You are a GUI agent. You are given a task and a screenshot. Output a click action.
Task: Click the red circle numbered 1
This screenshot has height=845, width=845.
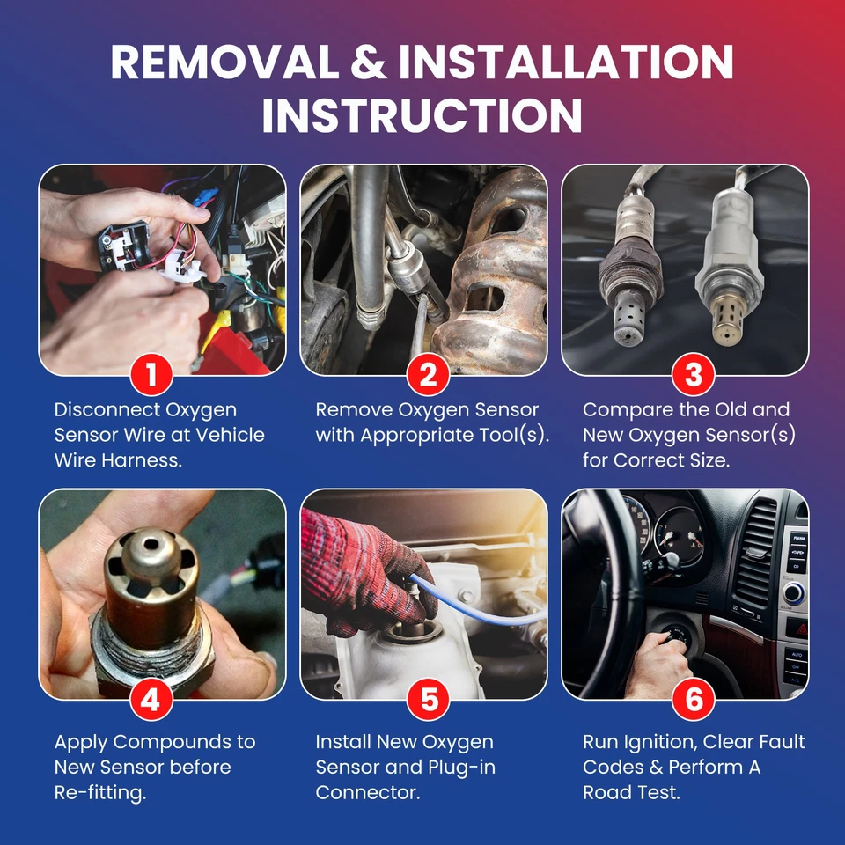[151, 375]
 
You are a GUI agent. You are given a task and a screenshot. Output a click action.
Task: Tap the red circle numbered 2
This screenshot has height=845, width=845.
[428, 375]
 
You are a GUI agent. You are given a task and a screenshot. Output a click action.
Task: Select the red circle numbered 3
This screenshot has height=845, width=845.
[693, 375]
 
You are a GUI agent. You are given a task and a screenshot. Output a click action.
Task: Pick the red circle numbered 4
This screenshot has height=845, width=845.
[151, 700]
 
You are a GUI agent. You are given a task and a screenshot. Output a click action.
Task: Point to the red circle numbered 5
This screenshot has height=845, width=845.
[429, 700]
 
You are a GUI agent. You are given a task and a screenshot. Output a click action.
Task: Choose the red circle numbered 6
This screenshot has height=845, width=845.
[694, 700]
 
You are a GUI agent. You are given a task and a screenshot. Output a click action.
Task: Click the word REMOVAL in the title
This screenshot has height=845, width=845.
[224, 62]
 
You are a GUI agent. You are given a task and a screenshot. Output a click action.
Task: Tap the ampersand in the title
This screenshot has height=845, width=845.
[369, 62]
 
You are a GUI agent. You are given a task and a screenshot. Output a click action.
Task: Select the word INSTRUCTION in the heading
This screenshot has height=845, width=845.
[422, 115]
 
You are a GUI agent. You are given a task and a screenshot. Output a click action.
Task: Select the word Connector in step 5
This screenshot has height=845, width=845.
[367, 793]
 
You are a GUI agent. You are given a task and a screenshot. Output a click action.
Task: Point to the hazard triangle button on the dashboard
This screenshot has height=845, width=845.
[798, 628]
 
